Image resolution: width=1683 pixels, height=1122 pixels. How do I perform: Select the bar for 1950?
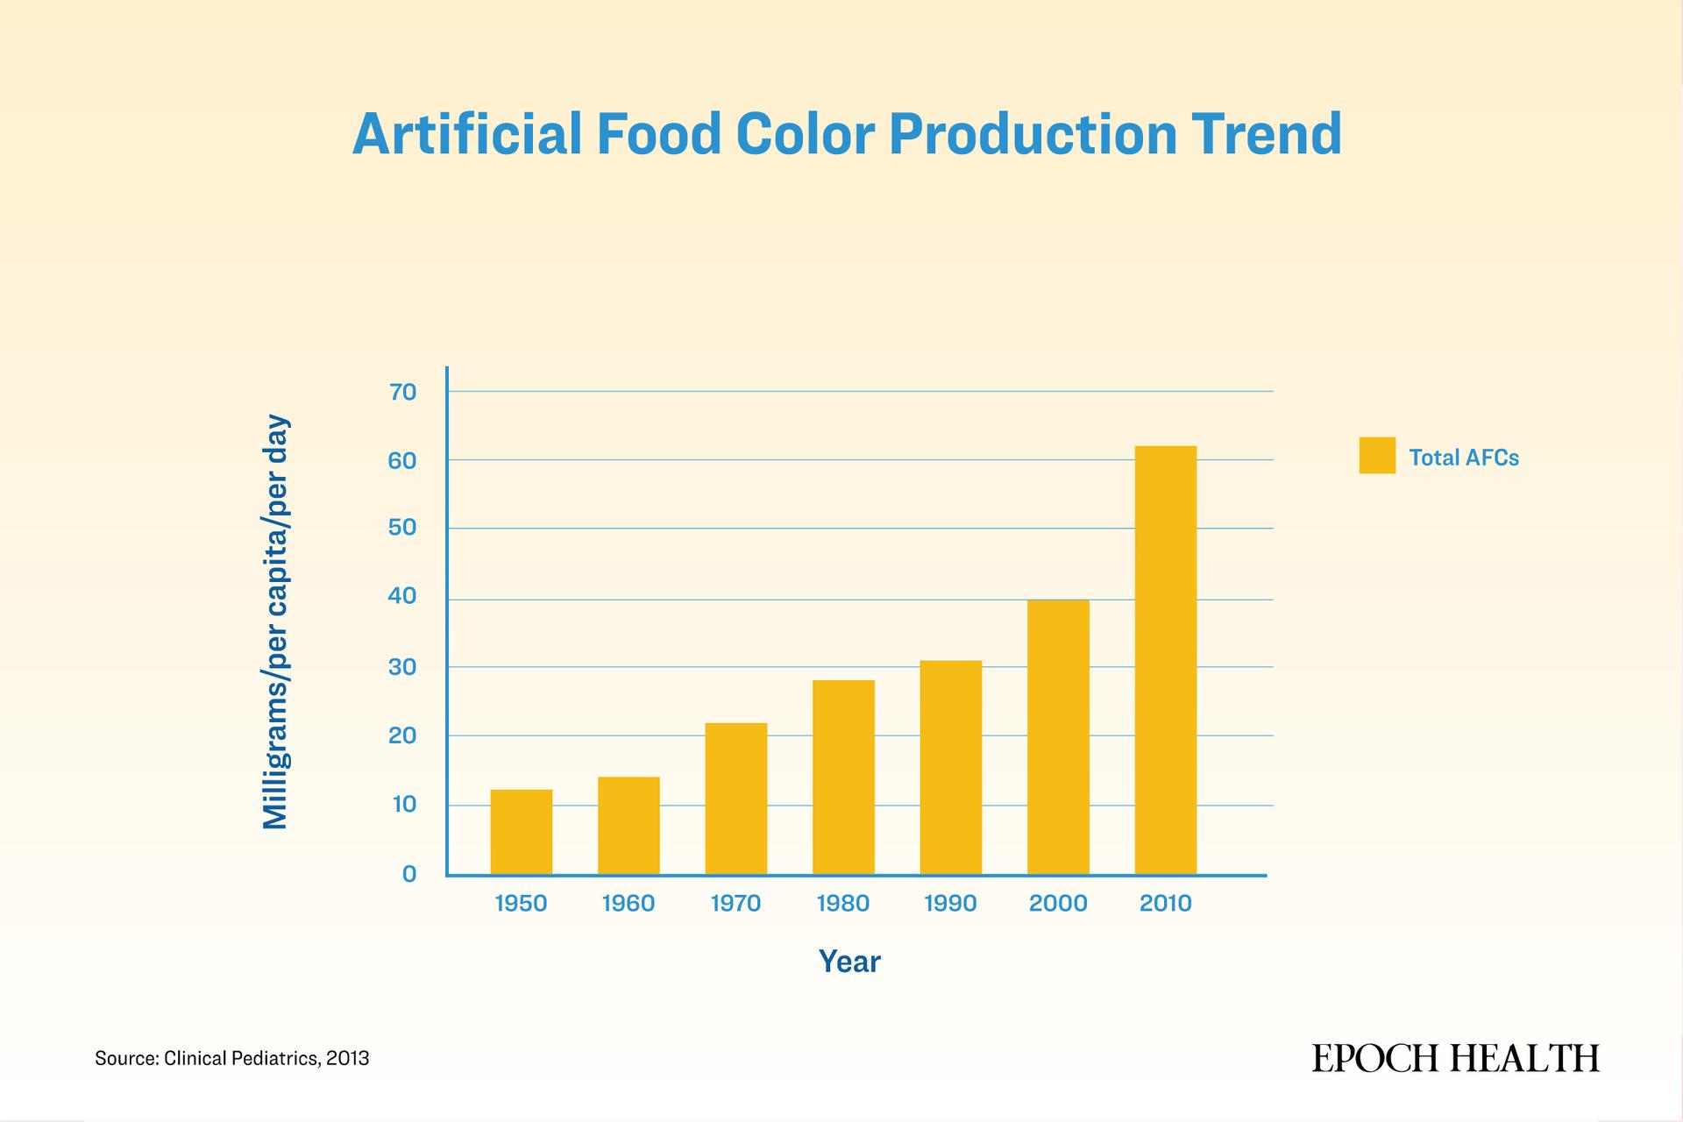click(522, 832)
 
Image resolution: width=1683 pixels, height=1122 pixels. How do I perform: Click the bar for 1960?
click(628, 826)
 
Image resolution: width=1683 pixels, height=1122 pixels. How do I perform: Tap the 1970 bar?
click(736, 799)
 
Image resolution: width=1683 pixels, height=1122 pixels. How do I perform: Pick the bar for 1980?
click(843, 778)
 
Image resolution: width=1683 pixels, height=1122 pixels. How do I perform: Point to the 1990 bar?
click(951, 767)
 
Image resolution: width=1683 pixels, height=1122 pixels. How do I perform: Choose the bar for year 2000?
click(1059, 737)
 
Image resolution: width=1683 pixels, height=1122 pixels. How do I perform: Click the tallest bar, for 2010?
click(1166, 660)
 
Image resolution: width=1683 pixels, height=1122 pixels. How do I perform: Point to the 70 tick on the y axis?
click(403, 392)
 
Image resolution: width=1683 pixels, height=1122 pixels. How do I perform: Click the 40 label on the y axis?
click(403, 597)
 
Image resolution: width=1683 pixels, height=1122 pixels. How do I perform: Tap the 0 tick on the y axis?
click(409, 874)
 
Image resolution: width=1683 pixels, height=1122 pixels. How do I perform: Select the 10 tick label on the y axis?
click(404, 805)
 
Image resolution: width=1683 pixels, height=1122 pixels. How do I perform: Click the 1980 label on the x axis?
click(843, 904)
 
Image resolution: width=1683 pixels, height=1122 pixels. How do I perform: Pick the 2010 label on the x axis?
click(1166, 904)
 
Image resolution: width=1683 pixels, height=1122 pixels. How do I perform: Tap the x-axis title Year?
click(849, 962)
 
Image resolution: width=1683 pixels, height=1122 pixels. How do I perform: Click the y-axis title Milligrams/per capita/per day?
click(275, 622)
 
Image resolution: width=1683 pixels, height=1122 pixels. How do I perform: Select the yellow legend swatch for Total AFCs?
click(1377, 456)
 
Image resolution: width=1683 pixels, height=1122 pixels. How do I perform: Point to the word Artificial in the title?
click(467, 134)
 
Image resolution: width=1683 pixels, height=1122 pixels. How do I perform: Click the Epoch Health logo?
click(1455, 1058)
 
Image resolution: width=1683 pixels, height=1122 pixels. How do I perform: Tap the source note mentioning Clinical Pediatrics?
click(232, 1059)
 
